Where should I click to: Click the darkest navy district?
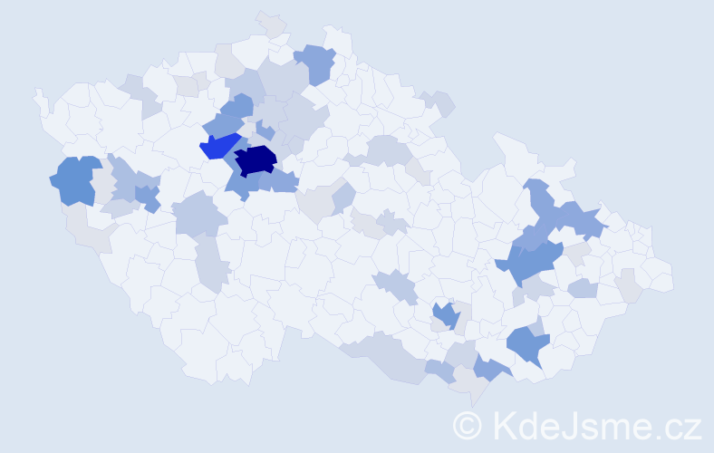coord(256,160)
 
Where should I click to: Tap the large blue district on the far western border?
coord(75,179)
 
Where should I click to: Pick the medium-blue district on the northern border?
coord(316,62)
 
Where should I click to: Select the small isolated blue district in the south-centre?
coord(445,315)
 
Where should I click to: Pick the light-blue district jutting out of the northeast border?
coord(439,103)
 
